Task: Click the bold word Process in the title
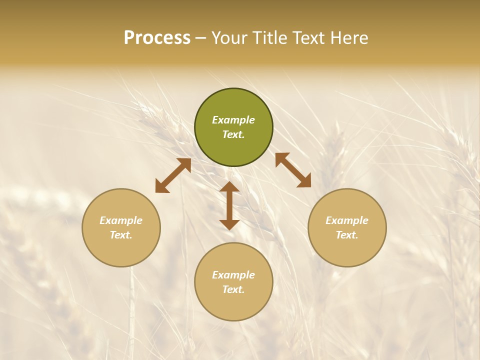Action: pos(157,38)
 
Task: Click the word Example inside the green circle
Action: pos(233,120)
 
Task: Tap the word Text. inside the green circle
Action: pos(233,134)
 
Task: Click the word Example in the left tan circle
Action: pos(121,220)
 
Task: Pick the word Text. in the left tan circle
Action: pos(121,235)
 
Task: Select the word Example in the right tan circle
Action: pos(347,220)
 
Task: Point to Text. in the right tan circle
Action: pos(347,235)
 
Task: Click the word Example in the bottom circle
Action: pos(233,275)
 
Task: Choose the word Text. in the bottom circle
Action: pos(233,289)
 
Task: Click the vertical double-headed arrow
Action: pos(229,205)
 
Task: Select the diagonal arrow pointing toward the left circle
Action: pos(173,175)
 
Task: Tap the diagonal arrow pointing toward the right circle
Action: pos(293,170)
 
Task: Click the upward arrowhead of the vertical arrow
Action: pos(229,187)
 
